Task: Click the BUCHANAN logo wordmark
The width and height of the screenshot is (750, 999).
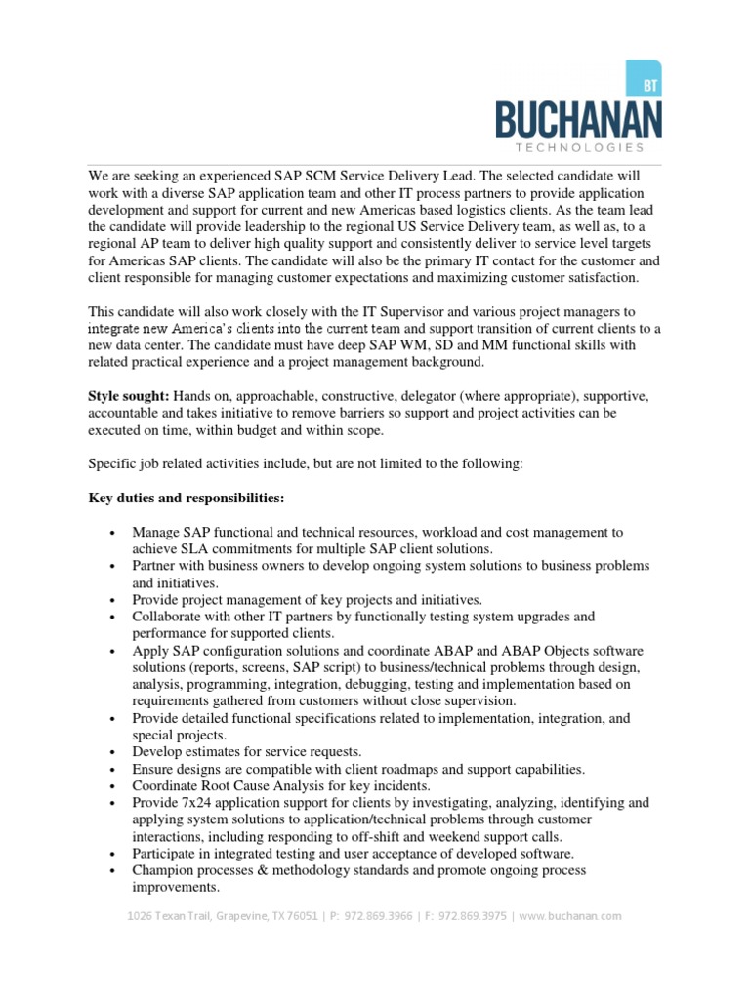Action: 577,120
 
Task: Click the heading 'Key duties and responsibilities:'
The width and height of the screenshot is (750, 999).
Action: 187,499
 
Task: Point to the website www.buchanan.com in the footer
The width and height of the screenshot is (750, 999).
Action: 573,916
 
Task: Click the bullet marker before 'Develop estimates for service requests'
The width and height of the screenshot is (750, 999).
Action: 113,753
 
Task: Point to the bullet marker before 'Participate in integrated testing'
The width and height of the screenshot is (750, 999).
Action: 113,855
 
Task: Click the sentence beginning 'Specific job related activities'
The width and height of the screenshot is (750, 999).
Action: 306,465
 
